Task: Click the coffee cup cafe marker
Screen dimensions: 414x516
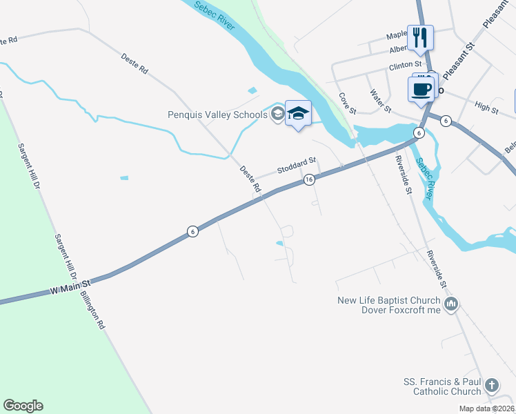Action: pos(421,88)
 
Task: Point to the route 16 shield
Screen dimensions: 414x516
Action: pos(309,180)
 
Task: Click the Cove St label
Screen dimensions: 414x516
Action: pos(346,104)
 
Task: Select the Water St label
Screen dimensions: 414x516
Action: pos(380,101)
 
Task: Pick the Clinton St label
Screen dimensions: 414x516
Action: pos(405,66)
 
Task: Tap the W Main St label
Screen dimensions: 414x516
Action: pos(70,288)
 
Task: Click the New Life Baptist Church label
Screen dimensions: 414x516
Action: pos(388,300)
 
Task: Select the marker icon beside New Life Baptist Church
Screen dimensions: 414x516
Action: pos(451,304)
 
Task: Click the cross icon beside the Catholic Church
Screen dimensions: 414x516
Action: pos(491,386)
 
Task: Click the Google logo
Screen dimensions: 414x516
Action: pos(23,406)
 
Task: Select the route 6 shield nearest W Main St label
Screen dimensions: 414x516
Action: pos(193,232)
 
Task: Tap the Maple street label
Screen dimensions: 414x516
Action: pos(397,34)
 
